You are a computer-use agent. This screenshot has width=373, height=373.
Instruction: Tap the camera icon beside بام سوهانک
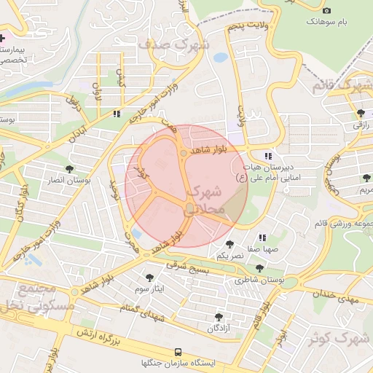click(x=326, y=10)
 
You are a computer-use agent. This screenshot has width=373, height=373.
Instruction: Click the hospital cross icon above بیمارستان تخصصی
click(x=3, y=37)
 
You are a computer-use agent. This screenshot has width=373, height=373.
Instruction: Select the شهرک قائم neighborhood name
click(x=339, y=85)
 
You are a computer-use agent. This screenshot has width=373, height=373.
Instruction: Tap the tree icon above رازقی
click(x=361, y=112)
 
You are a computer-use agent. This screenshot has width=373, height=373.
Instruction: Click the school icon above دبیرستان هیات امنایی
click(x=268, y=155)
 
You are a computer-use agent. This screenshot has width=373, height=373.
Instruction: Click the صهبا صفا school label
click(x=262, y=249)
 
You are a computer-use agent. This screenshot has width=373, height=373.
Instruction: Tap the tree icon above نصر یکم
click(x=230, y=244)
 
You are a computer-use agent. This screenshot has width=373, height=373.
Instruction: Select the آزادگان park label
click(x=219, y=329)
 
